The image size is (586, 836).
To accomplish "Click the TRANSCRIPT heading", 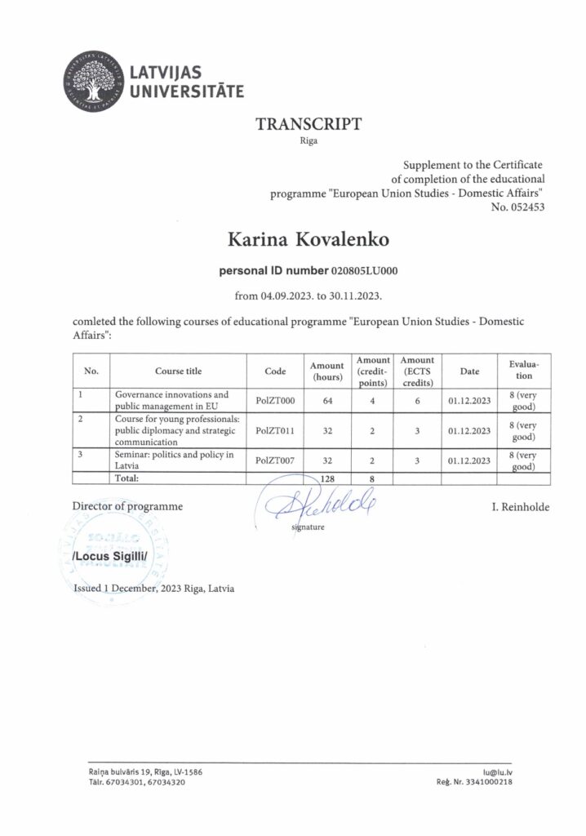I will point(309,124).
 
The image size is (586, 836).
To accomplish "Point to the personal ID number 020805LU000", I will point(364,269).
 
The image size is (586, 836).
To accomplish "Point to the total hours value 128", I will point(328,478).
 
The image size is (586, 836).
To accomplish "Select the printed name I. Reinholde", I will point(520,508).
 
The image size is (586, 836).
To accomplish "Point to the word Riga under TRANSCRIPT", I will point(309,141).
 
